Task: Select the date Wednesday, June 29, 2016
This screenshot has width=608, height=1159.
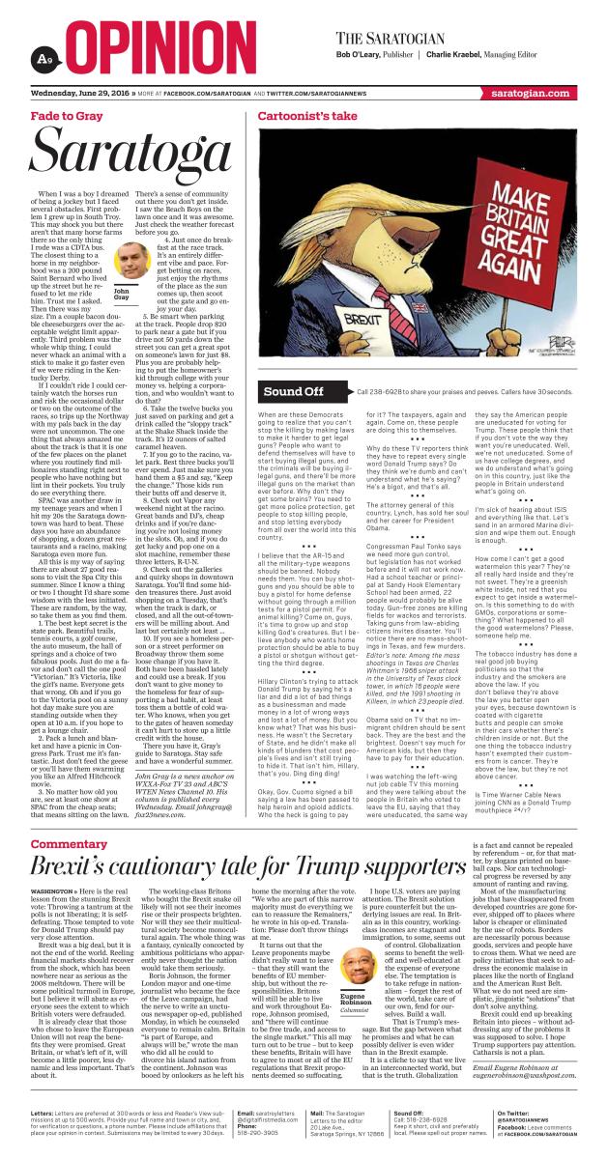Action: [79, 95]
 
